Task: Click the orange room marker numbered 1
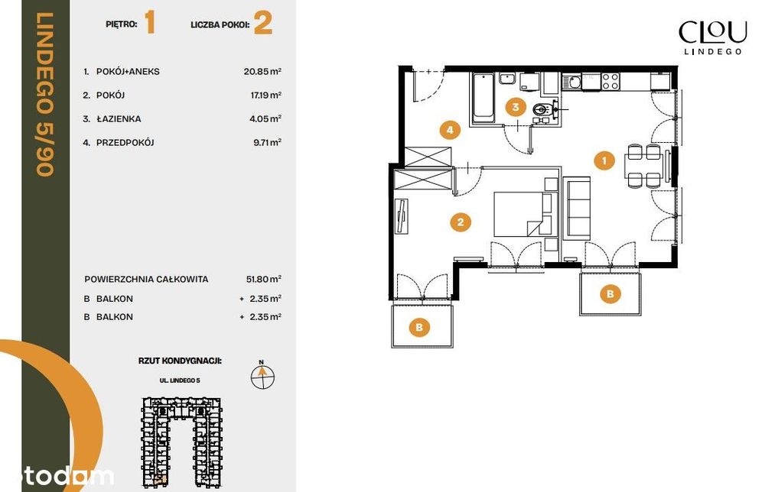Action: coord(604,160)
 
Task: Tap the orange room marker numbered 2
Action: coord(460,222)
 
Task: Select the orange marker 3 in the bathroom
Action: coord(516,107)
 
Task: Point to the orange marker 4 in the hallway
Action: coord(450,130)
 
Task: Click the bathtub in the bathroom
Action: coord(483,96)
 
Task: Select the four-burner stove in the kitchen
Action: coord(610,81)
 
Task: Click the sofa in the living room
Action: coord(577,209)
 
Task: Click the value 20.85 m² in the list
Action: coord(262,71)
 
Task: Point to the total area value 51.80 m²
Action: coord(263,279)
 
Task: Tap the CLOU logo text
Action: coord(713,32)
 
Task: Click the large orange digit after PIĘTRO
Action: coord(150,23)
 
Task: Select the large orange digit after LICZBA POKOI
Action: coord(263,24)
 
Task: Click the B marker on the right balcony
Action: coord(610,293)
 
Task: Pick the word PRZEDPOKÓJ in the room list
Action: coord(125,143)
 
